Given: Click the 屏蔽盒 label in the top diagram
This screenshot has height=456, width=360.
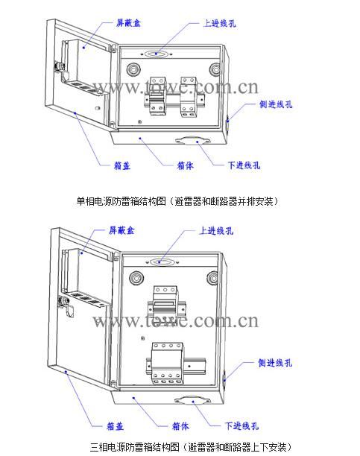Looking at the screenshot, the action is tap(128, 22).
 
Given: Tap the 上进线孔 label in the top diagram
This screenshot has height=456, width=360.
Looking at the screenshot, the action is tap(219, 23).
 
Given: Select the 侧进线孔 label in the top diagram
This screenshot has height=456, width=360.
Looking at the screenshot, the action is tap(276, 104).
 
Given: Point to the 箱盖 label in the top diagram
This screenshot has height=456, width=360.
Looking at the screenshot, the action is tap(122, 165).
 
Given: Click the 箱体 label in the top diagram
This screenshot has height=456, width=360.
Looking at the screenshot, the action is tap(186, 165).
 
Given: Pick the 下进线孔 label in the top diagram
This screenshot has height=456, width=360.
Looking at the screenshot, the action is tap(244, 165).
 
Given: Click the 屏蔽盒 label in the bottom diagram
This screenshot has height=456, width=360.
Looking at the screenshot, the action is tap(121, 230).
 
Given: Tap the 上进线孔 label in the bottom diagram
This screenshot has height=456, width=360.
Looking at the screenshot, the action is tap(216, 231).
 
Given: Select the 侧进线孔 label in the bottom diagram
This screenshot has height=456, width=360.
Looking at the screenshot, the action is tap(275, 363).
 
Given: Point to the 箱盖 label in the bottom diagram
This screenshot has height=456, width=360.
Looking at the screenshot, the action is tap(115, 426).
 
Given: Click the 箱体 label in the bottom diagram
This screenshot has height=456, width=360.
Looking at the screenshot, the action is tap(180, 426).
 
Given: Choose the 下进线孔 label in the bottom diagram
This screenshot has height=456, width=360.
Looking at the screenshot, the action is tap(241, 425).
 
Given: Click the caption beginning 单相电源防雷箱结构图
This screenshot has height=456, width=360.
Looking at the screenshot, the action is tap(177, 201).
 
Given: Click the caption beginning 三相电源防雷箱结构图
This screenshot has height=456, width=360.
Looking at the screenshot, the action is tap(191, 446).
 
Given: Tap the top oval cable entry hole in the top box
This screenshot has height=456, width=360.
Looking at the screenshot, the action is tap(157, 54).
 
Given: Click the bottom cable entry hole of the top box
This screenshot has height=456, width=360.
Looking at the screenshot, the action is tap(193, 141).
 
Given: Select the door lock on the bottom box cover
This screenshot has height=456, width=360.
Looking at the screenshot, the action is tap(66, 305).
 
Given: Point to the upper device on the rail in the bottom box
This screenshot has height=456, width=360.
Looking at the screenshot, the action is tap(165, 302).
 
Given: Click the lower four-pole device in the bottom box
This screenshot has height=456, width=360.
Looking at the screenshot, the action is tap(167, 363).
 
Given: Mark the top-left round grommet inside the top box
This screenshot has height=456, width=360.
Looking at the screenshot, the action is tap(133, 69).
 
